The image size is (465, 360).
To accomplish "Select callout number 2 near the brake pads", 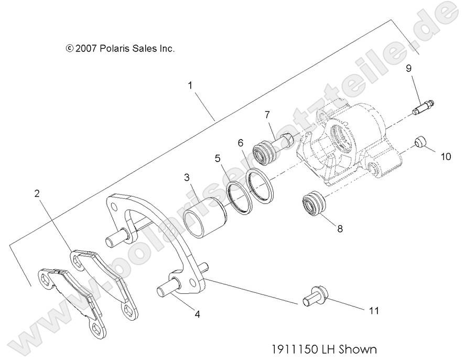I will point(37,194).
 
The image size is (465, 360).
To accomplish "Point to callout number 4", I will point(197,315).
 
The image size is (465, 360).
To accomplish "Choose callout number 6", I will point(241,142).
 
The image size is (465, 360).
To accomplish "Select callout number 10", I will point(445,156).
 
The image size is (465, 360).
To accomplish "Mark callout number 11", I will point(373,311).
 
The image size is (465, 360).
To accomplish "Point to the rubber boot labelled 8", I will point(312,203).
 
